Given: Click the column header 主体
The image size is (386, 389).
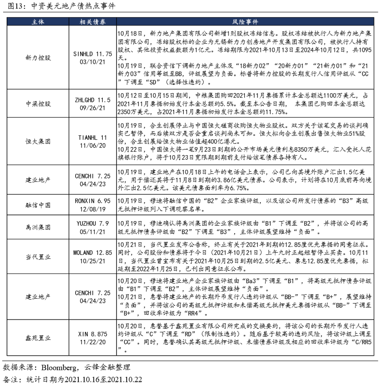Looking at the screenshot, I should click(38, 22).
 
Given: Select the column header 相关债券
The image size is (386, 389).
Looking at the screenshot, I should click(92, 22).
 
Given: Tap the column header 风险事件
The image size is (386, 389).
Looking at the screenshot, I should click(245, 22).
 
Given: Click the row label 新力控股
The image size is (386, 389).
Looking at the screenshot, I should click(38, 58).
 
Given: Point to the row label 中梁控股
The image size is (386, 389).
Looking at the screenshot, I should click(38, 104).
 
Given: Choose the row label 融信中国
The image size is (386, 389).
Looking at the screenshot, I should click(38, 205).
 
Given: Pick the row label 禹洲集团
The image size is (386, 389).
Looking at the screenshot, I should click(38, 227).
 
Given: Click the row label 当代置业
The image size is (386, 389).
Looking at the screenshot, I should click(38, 257).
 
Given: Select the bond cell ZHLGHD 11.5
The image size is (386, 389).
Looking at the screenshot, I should click(92, 100).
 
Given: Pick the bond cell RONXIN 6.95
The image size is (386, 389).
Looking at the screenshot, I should click(92, 201).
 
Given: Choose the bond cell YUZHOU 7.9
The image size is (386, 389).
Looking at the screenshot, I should click(92, 223).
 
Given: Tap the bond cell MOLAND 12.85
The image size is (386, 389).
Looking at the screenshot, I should click(92, 253).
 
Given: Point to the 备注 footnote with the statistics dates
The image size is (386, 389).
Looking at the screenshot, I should click(73, 380).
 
